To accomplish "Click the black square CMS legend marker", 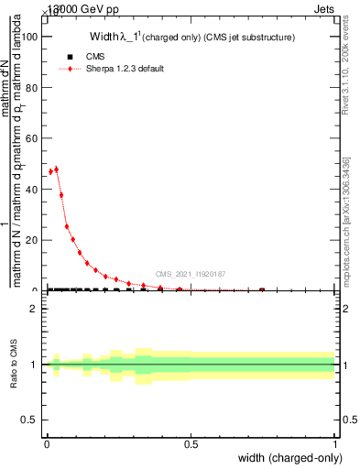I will coord(70,57).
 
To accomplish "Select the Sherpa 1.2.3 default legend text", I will coord(125,69).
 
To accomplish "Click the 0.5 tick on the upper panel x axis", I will coord(191,290).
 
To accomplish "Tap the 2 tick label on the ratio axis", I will coord(34,309).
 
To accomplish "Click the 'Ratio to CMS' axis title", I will coord(15,365).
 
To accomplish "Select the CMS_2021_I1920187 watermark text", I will coord(191,274).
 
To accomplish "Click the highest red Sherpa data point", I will coord(57,169).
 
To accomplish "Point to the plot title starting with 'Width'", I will coord(191,38).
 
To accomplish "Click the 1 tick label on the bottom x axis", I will coord(335,443).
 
